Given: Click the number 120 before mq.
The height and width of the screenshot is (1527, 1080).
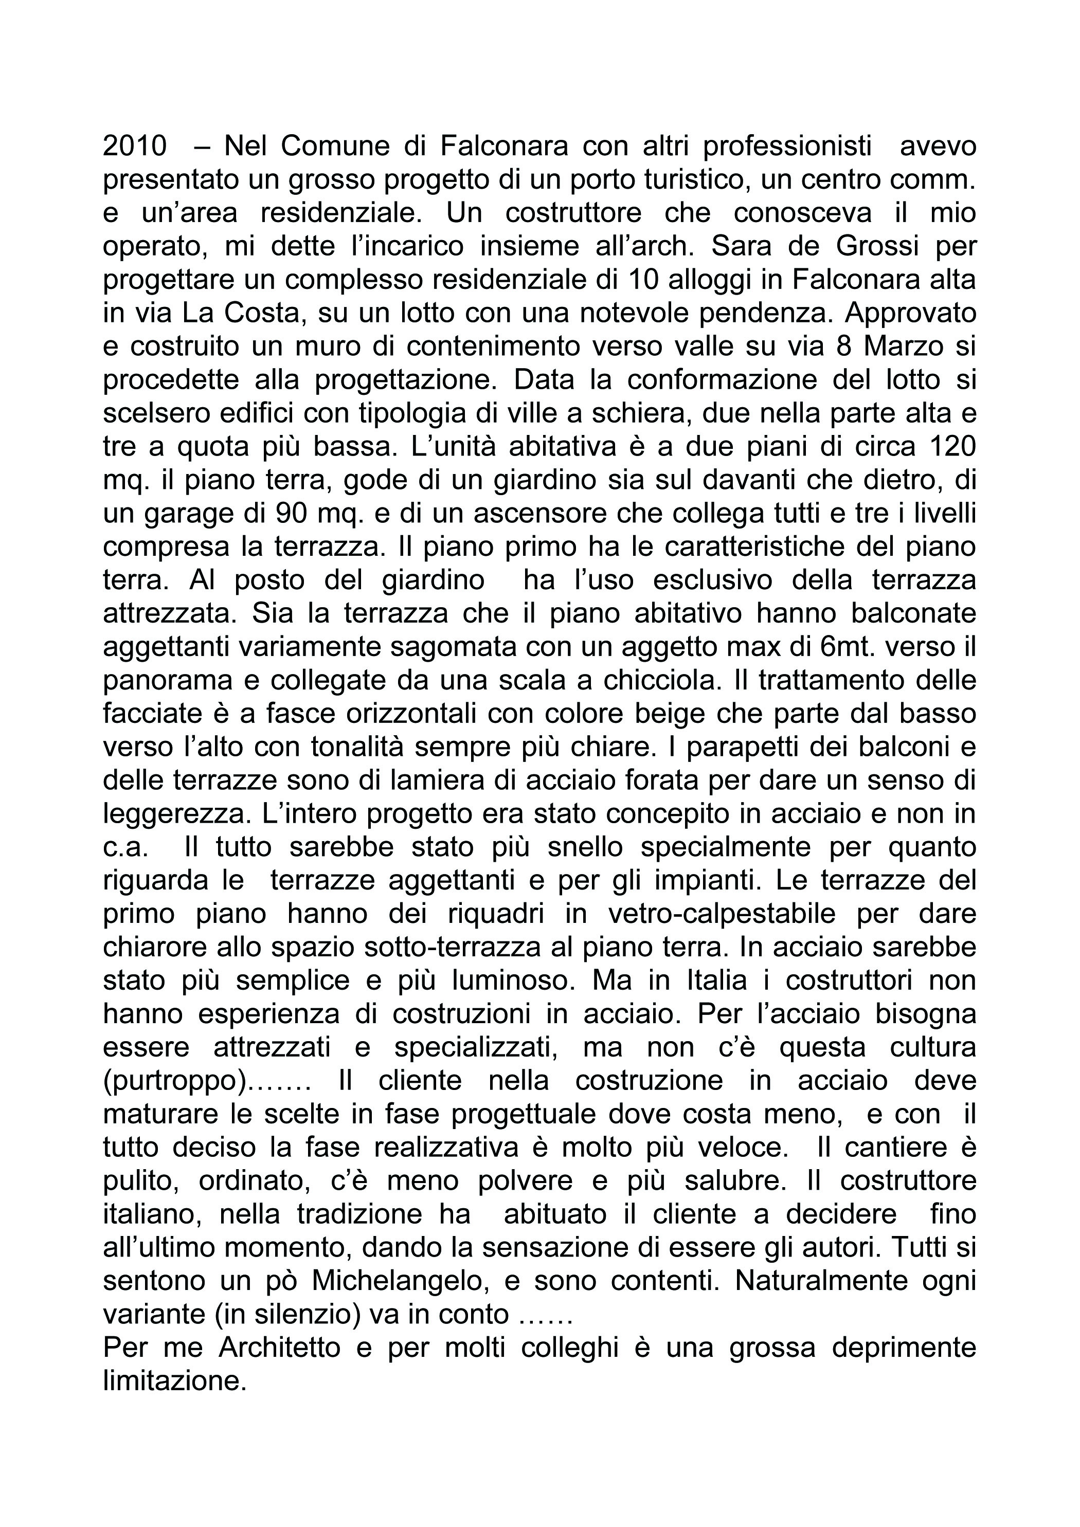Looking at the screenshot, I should click(950, 447).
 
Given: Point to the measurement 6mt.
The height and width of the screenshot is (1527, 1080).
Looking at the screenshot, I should click(849, 647).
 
